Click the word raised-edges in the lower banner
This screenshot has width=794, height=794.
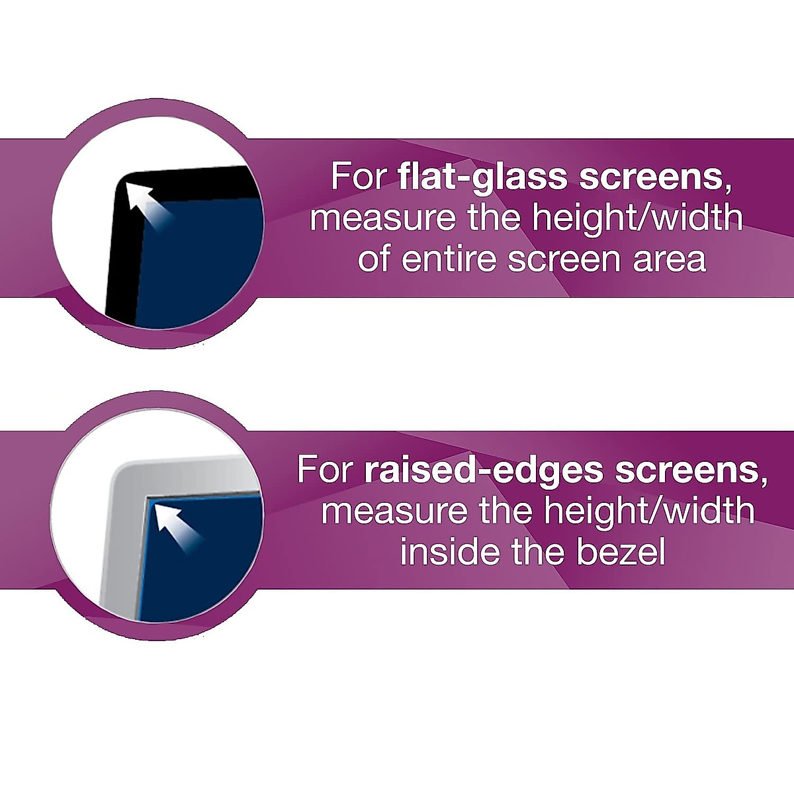484,470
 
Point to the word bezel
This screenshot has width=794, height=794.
621,552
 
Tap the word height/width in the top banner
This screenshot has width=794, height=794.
637,218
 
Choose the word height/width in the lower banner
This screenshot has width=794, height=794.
648,511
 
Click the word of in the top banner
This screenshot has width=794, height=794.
374,259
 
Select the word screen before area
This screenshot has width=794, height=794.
562,259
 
